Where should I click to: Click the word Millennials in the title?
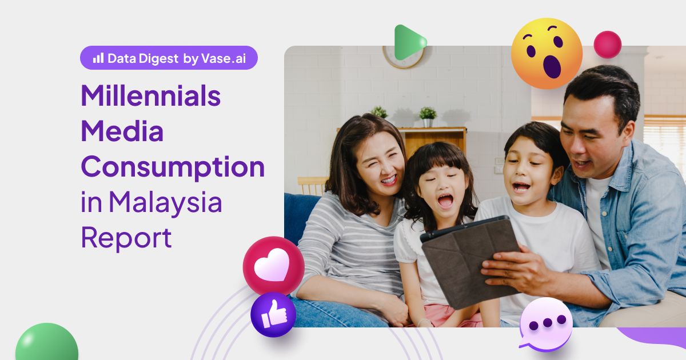(x=150, y=96)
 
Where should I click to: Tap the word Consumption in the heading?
(x=173, y=169)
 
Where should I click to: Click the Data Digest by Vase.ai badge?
(x=169, y=58)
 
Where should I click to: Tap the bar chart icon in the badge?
(x=98, y=58)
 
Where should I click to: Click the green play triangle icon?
(x=408, y=42)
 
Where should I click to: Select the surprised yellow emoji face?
(x=547, y=53)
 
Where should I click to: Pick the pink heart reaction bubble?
(x=273, y=266)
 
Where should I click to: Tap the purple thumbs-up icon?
(x=273, y=315)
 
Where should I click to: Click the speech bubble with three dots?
(x=546, y=324)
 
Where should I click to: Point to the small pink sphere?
(x=607, y=45)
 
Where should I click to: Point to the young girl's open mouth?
(x=445, y=200)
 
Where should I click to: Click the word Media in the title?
(x=122, y=132)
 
